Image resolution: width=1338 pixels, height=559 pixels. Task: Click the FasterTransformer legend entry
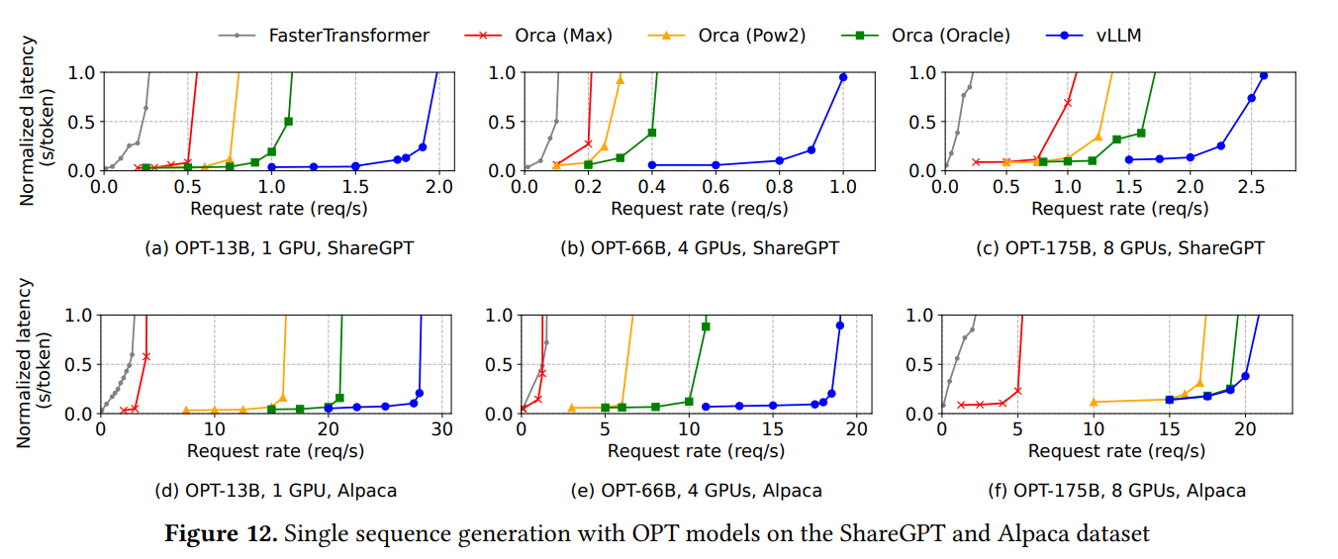pos(348,36)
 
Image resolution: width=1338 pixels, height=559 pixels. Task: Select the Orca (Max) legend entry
pos(563,36)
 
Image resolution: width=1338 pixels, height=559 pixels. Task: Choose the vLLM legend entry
pos(1118,36)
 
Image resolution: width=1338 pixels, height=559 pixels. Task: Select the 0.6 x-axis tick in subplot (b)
pos(716,186)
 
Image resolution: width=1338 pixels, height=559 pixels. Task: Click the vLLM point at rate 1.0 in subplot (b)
pos(843,77)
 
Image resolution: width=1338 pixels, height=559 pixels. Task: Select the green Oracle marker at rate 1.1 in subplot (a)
pos(288,122)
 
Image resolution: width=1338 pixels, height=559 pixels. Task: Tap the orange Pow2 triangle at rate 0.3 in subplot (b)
pos(621,80)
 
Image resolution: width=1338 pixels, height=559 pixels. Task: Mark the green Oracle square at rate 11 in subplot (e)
pos(706,326)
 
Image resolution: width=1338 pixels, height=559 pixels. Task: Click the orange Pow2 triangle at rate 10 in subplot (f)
pos(1094,402)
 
